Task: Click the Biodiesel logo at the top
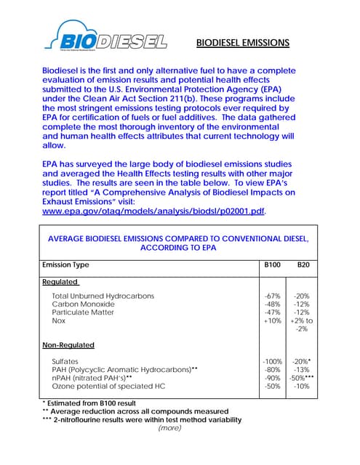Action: coord(105,38)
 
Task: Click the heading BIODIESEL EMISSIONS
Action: coord(243,43)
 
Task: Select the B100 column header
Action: coord(271,265)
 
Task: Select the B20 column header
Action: coord(303,265)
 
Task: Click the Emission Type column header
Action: coord(66,265)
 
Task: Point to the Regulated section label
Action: coord(60,282)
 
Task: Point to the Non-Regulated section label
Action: coord(68,345)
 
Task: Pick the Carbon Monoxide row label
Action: coord(83,304)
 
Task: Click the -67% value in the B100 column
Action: coord(272,296)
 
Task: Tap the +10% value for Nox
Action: coord(272,320)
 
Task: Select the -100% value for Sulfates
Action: coord(271,361)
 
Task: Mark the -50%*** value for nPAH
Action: coord(302,378)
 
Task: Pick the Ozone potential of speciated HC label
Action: coord(108,386)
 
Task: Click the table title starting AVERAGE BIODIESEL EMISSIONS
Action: coord(178,243)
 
